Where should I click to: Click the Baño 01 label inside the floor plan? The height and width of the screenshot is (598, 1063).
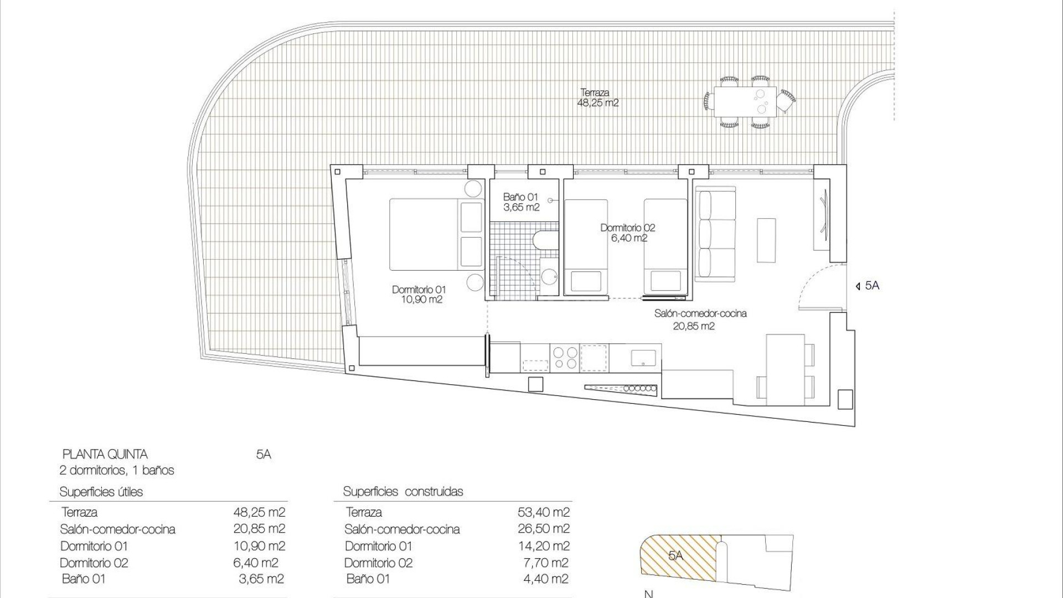521,202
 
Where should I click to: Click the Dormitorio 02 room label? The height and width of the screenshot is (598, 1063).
627,233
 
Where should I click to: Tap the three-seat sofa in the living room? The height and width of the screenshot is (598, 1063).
715,233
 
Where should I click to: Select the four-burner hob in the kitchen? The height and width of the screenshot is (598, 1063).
564,358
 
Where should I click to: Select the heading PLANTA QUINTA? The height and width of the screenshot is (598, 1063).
105,455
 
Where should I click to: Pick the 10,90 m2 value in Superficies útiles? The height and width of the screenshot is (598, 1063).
259,546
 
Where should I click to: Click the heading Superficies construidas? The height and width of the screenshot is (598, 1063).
403,492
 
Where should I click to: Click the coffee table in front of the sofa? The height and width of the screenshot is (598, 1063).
766,240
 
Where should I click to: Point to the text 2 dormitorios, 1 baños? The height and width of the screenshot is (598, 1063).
117,471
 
